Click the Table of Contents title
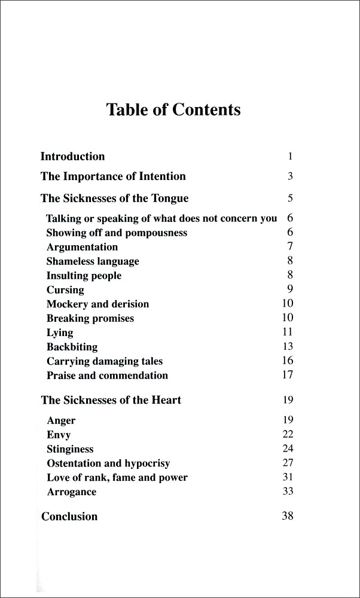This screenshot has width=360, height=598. tap(173, 110)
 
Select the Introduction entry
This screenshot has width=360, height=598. tap(72, 157)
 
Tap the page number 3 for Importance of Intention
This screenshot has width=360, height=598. tap(289, 176)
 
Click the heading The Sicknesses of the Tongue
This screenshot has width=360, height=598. tap(114, 198)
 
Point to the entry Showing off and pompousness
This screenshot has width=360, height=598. tap(117, 233)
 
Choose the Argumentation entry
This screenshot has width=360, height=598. tap(82, 247)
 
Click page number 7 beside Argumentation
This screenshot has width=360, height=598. tap(289, 246)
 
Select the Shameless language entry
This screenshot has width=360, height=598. tap(93, 261)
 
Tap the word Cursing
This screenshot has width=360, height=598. tap(65, 290)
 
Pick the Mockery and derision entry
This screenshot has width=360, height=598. tap(97, 304)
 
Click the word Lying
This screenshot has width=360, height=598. tap(60, 332)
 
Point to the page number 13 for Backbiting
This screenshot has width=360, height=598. tap(288, 346)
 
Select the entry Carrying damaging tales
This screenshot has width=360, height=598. tap(105, 361)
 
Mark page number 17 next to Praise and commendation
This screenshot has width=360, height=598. tap(288, 375)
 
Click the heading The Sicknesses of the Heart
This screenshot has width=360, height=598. tap(111, 400)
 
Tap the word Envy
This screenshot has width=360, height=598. tap(59, 435)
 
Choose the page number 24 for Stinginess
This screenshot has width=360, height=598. tap(288, 448)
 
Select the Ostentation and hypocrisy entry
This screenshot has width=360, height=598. tap(108, 463)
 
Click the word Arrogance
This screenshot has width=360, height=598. tap(71, 492)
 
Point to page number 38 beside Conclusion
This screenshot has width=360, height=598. tap(288, 515)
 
